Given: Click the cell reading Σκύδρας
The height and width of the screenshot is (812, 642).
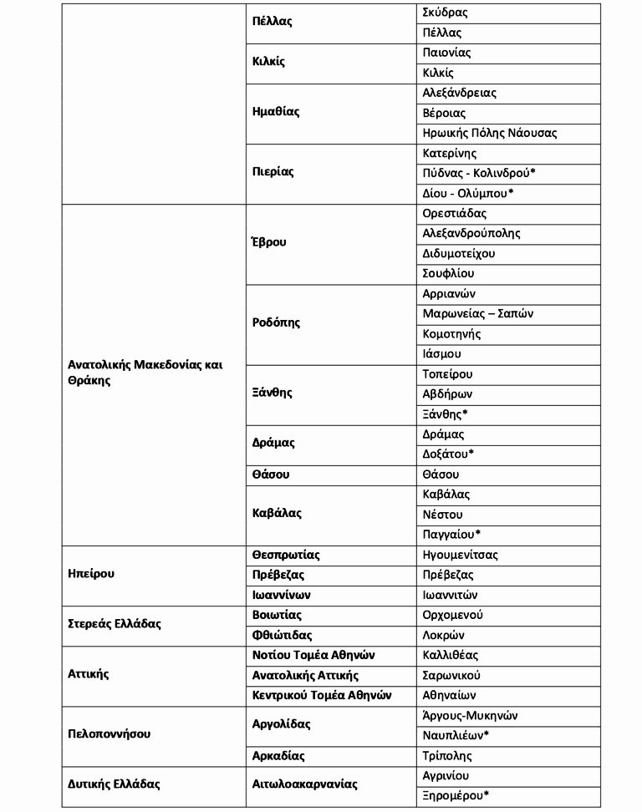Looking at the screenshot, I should click(446, 13).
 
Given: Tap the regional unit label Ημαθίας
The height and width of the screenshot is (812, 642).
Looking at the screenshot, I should click(276, 112).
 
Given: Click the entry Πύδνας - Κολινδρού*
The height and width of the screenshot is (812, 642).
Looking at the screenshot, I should click(479, 174).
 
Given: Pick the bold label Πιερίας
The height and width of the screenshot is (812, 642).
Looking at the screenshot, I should click(273, 172).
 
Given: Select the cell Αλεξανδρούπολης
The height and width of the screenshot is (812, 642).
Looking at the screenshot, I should click(471, 234).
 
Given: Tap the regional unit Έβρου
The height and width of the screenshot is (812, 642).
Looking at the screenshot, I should click(269, 242).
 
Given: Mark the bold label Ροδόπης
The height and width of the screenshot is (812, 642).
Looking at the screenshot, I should click(276, 322).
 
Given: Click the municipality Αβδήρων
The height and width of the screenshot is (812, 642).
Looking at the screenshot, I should click(448, 394).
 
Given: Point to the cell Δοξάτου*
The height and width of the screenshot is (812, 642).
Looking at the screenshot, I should click(449, 454).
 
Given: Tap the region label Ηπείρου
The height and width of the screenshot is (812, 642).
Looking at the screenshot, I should click(90, 575).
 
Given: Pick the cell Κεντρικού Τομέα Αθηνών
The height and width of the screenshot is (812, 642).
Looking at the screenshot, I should click(322, 695).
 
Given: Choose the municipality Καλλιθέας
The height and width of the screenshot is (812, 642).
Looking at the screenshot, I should click(451, 656).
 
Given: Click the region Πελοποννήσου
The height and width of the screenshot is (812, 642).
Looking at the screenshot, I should click(109, 735).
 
